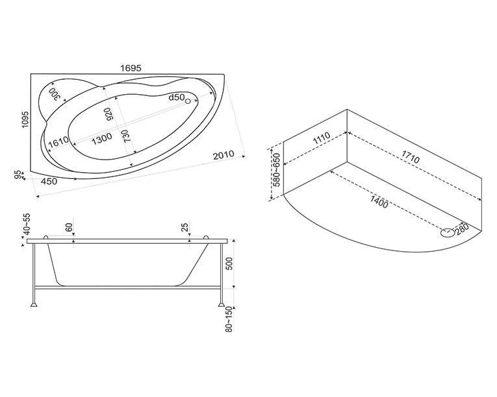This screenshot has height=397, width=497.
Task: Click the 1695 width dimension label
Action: [131, 68]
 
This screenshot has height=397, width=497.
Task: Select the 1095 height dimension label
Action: [25, 119]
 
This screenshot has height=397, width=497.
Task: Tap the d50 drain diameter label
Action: [176, 97]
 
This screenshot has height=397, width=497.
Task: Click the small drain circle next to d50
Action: [188, 101]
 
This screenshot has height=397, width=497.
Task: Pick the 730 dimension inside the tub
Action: [127, 136]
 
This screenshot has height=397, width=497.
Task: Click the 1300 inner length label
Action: [102, 139]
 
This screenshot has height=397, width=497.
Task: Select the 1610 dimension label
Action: [58, 142]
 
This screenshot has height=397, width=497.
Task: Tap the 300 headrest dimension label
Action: [55, 93]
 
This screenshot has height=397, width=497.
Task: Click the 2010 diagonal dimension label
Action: [223, 155]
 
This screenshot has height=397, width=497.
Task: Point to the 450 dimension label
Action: [49, 182]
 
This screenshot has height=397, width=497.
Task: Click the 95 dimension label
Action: [18, 174]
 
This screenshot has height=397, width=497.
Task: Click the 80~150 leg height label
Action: [229, 319]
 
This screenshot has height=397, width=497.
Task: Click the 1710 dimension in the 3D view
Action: [411, 157]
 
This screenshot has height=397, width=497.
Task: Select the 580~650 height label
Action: [277, 171]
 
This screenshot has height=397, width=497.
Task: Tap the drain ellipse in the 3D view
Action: [448, 233]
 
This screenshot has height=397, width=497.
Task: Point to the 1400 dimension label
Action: [379, 202]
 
